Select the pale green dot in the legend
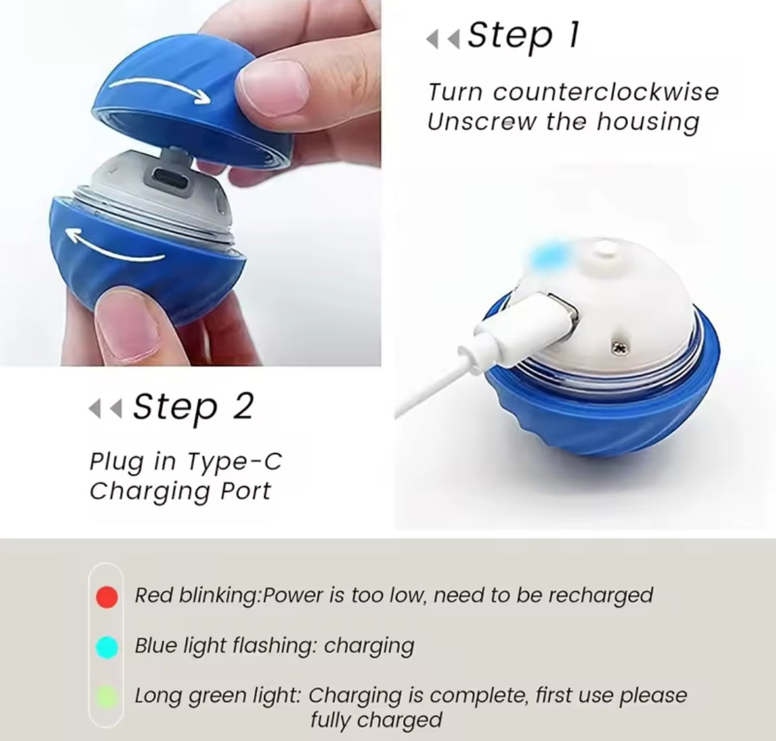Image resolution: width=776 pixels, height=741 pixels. point(107,697)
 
